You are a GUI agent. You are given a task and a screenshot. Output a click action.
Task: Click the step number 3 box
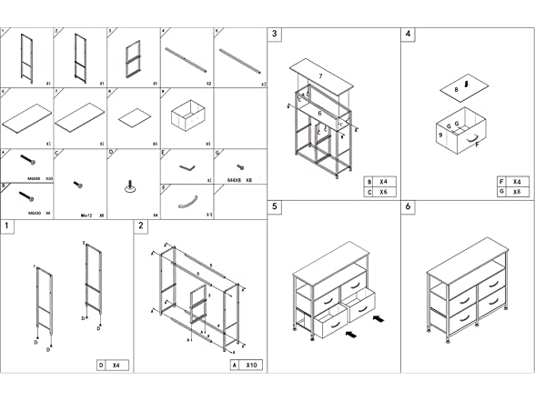[x=276, y=35]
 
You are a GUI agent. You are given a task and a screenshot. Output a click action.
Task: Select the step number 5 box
[x=276, y=207]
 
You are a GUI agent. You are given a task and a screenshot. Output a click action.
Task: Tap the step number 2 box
[x=141, y=226]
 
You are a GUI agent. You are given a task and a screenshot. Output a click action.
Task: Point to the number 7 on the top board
[x=319, y=76]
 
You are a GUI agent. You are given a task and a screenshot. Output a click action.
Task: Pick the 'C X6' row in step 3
[x=378, y=193]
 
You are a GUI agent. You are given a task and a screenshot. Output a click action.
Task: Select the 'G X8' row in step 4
[x=514, y=193]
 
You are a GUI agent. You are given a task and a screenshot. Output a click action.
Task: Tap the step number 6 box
[x=409, y=207]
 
